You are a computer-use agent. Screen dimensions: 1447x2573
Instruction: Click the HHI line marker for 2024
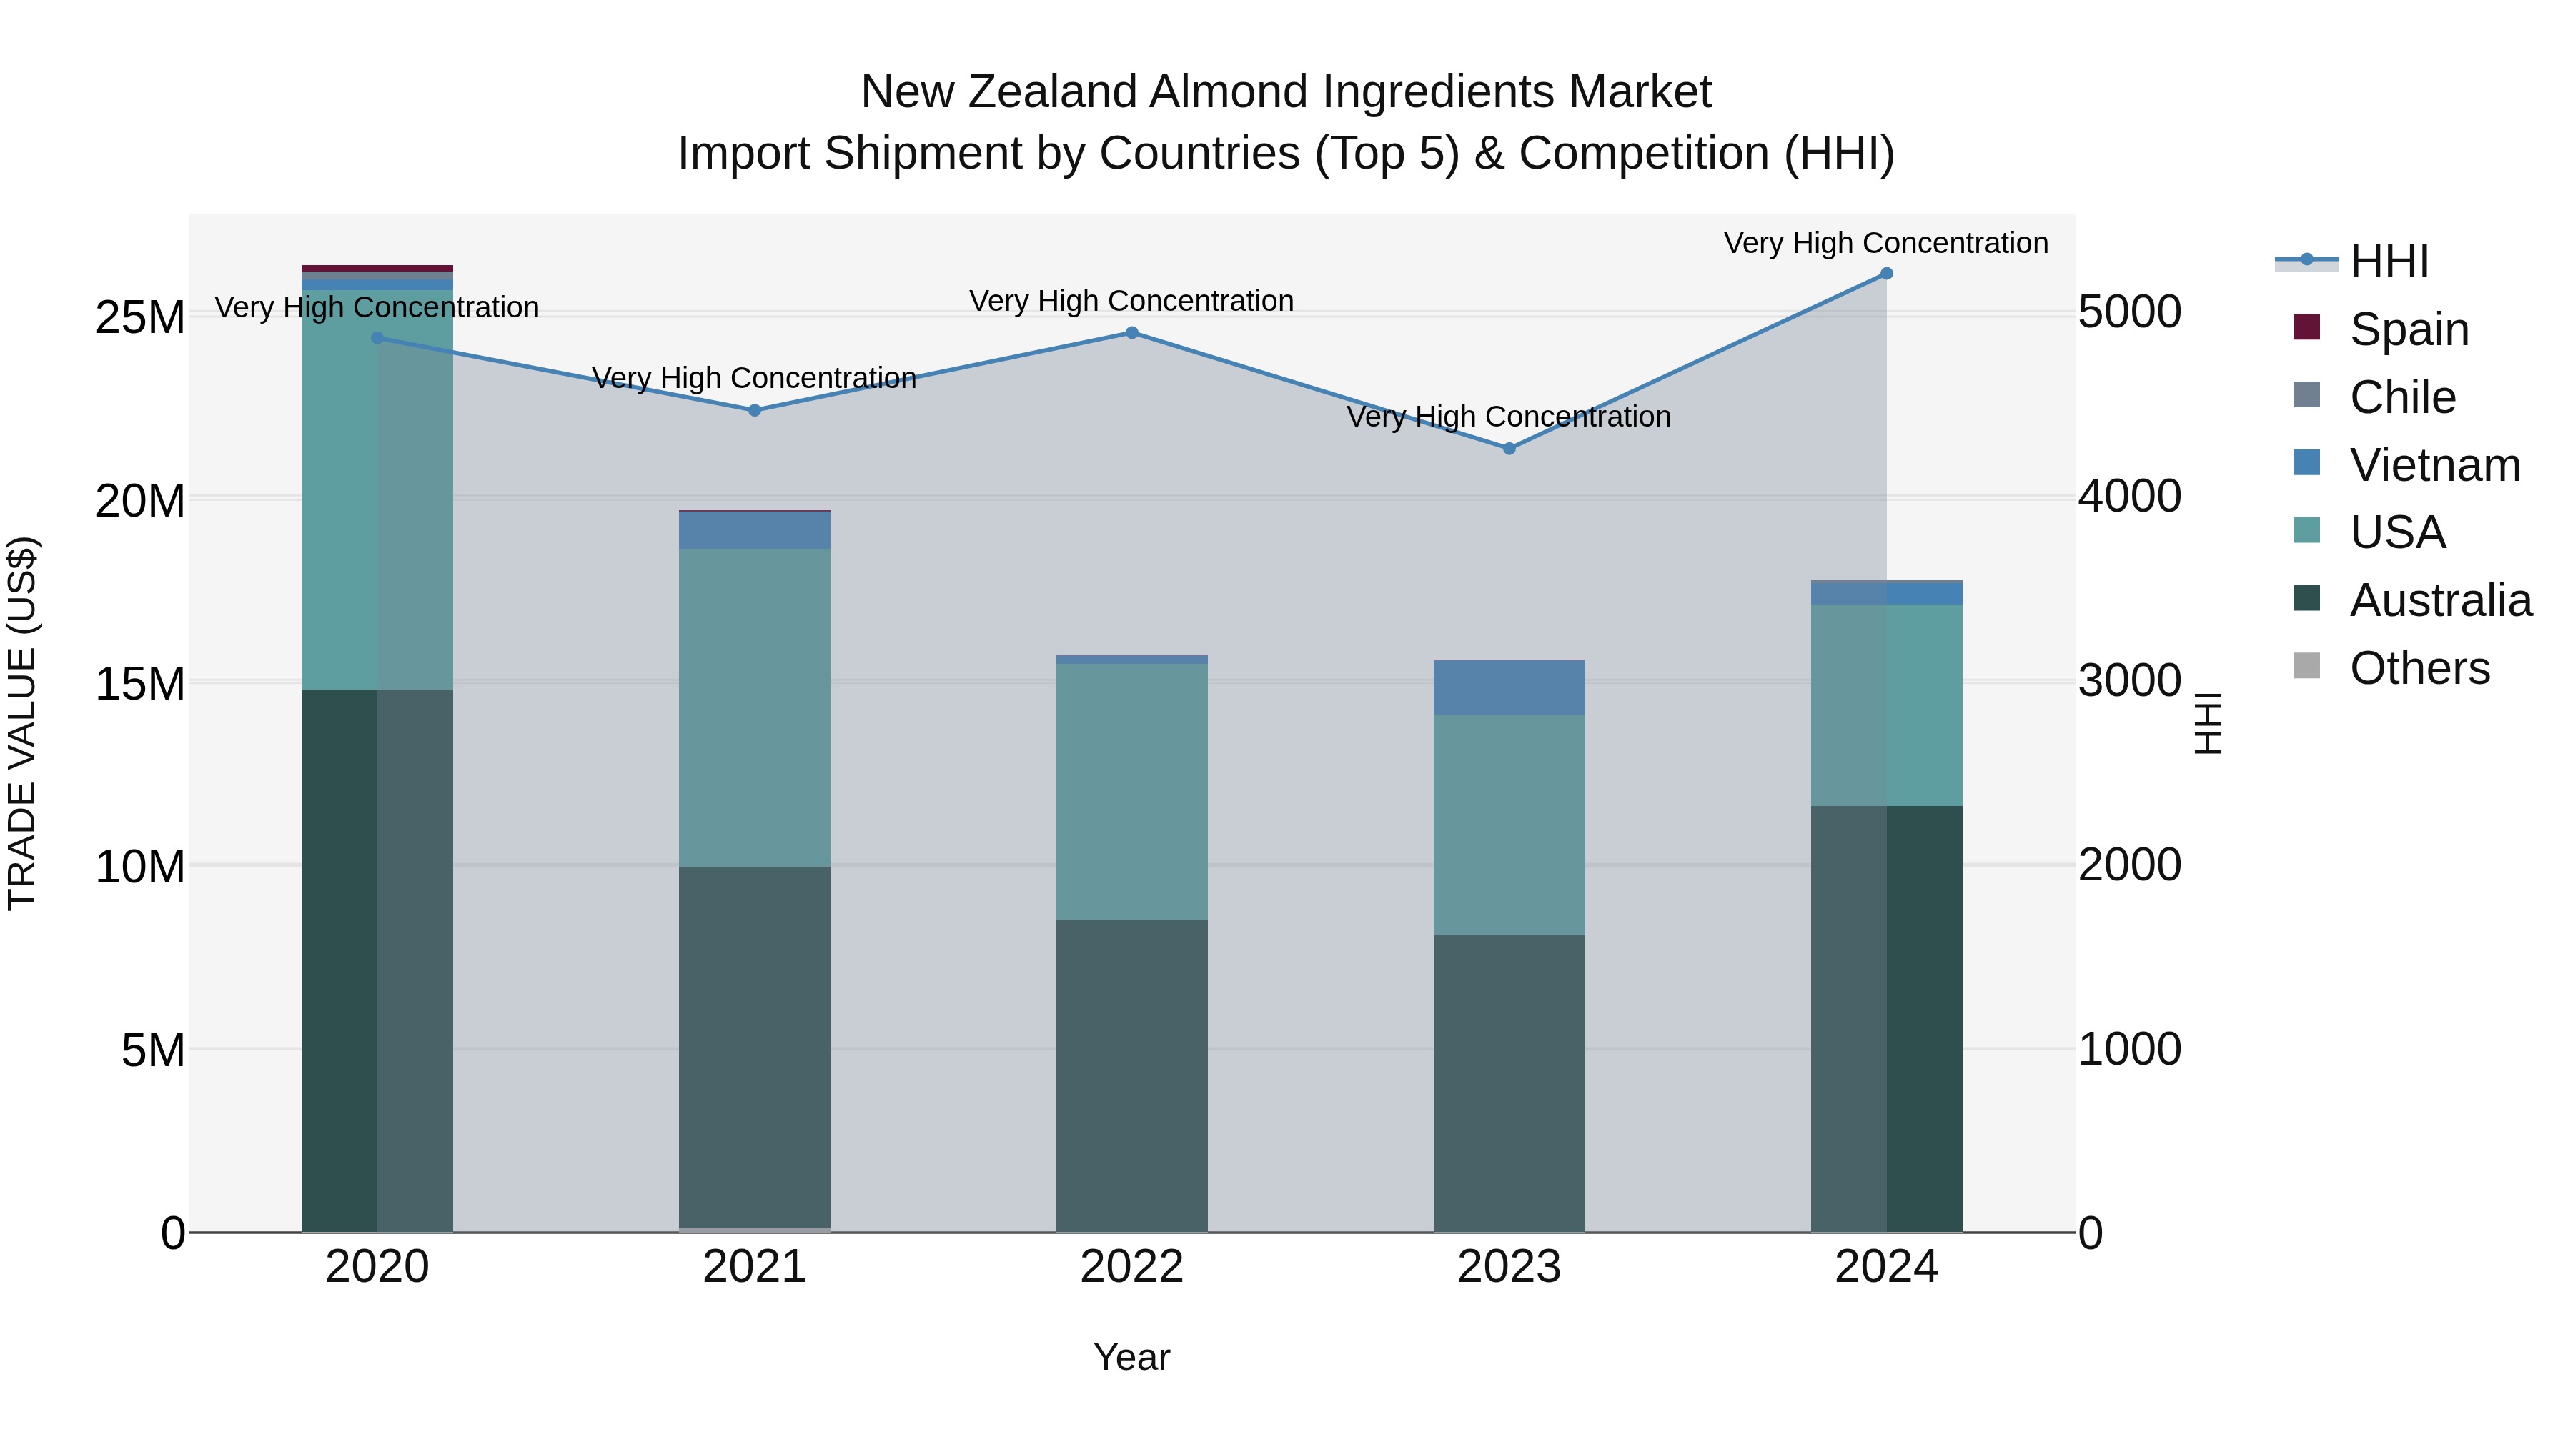[1886, 274]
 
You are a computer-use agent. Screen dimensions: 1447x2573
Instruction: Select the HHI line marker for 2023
[1509, 448]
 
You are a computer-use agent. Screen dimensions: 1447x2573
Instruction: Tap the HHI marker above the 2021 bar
[754, 410]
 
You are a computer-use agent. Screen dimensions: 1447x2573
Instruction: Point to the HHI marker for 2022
[1131, 332]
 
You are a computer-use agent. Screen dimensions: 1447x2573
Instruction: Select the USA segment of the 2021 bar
[754, 707]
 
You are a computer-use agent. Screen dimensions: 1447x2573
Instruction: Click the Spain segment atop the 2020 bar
[377, 269]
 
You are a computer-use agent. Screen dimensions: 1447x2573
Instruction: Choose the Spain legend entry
[2407, 329]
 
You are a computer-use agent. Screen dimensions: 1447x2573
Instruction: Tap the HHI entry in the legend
[2387, 262]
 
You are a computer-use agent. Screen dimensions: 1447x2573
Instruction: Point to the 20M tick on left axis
[140, 500]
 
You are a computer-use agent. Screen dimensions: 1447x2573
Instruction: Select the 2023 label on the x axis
[1509, 1267]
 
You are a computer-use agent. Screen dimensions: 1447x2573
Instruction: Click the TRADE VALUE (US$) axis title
[22, 723]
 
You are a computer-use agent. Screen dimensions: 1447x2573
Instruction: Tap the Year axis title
[1131, 1357]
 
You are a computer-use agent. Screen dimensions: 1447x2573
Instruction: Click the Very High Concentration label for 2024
[1886, 243]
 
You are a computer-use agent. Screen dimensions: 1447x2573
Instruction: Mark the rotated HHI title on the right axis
[2208, 723]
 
